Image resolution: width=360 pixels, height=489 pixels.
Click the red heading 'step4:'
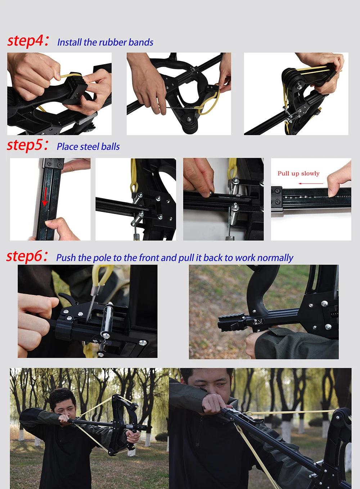coord(28,41)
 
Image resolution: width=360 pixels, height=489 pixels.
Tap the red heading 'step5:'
coord(27,145)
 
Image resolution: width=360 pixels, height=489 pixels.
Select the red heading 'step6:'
coord(27,256)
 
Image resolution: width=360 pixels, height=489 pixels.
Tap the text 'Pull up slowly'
coord(298,173)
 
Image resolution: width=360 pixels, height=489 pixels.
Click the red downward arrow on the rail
coord(45,197)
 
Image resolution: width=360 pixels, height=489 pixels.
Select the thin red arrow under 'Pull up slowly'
coord(311,183)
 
